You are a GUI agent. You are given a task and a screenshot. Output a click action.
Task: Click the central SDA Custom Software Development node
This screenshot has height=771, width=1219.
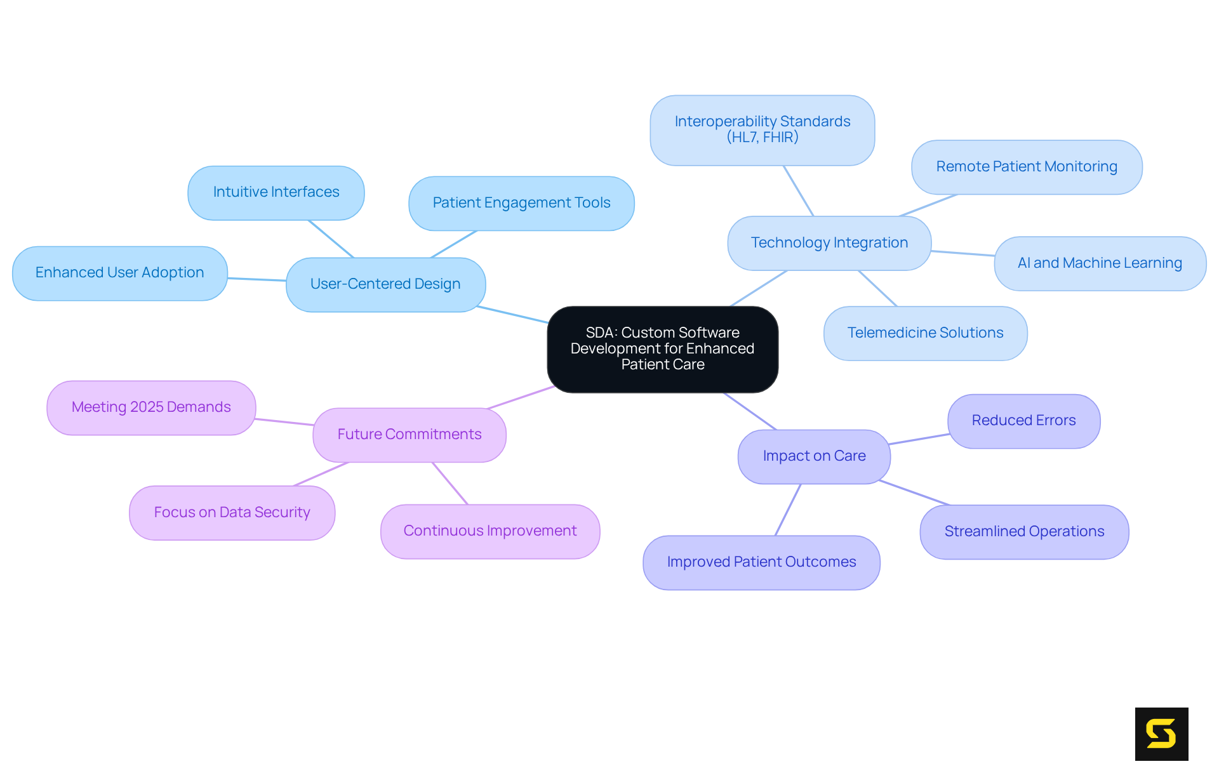click(662, 349)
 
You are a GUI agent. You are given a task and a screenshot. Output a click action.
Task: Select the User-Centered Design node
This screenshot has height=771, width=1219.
click(385, 284)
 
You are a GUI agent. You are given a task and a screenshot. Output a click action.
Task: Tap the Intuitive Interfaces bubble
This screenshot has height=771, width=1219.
click(276, 192)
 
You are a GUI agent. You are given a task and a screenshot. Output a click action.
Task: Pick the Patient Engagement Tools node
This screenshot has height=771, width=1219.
click(521, 203)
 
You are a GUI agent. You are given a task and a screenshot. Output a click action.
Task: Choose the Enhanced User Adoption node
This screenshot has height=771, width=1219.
click(119, 273)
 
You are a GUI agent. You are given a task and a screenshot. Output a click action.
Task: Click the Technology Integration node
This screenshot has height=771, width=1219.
click(829, 243)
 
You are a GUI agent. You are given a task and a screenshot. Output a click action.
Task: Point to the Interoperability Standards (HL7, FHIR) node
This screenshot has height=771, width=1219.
click(762, 129)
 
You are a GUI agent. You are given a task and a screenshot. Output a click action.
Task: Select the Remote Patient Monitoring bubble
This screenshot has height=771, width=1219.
click(1027, 167)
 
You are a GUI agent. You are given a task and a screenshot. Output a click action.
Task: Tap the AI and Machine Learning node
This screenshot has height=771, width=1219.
click(1100, 263)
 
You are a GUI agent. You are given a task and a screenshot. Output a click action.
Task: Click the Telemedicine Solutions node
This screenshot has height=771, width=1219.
click(925, 333)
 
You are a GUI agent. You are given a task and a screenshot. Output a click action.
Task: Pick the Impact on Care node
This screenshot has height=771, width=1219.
click(814, 456)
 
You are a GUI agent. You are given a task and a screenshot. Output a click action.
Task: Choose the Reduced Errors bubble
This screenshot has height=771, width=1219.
click(1023, 421)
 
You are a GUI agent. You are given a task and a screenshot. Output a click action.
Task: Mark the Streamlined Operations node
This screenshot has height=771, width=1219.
click(1024, 532)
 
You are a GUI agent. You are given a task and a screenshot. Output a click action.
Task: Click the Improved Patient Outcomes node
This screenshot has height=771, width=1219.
click(761, 562)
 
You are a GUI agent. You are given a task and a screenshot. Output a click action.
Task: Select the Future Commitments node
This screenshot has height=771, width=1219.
click(410, 435)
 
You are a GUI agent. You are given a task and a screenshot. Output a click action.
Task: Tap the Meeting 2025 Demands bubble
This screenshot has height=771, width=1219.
click(151, 407)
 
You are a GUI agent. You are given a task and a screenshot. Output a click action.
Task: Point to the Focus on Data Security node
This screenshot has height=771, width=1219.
click(232, 513)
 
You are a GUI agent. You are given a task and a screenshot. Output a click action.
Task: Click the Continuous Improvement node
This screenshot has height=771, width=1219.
click(490, 531)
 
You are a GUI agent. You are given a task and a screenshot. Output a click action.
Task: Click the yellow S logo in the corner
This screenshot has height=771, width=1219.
click(1161, 734)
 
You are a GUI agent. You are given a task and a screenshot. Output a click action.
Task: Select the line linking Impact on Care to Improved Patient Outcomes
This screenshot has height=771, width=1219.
click(788, 510)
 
